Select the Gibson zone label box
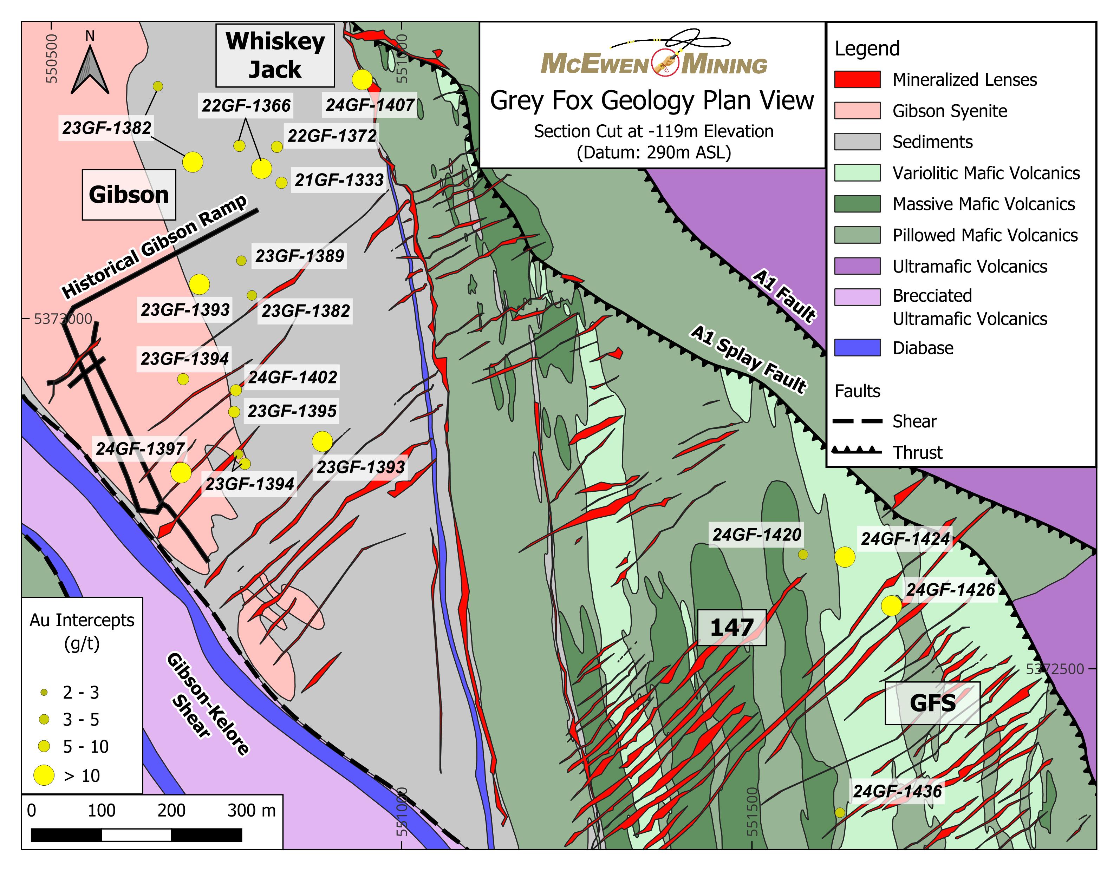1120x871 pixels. pos(129,195)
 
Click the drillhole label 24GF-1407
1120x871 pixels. pos(370,105)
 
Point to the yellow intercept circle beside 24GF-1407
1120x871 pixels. pos(362,79)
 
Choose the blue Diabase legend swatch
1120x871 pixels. pos(857,348)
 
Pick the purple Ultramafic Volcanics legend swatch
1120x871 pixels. pos(857,266)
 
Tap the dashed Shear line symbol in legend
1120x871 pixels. pos(857,421)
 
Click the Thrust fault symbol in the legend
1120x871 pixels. pos(857,451)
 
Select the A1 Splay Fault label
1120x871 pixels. pos(748,359)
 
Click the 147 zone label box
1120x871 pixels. pos(732,628)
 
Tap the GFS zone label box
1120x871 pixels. pos(932,703)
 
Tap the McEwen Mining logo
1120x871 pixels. pos(654,57)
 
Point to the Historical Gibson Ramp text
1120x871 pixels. pos(154,247)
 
